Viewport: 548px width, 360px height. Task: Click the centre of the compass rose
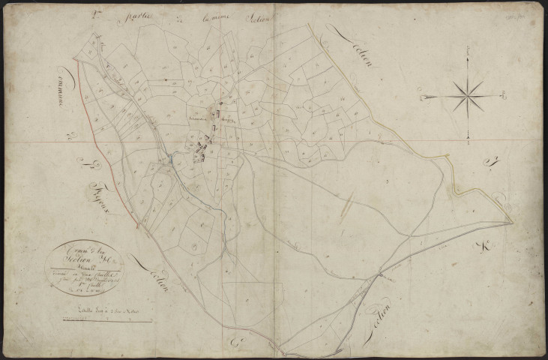466,95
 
